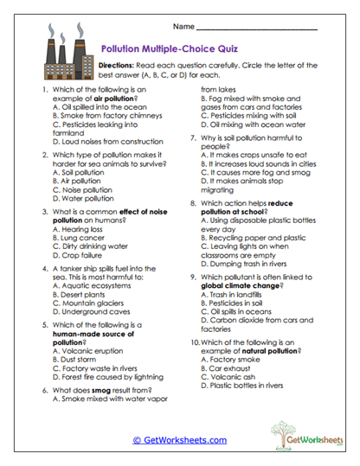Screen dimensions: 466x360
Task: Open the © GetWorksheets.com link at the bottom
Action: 180,439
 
